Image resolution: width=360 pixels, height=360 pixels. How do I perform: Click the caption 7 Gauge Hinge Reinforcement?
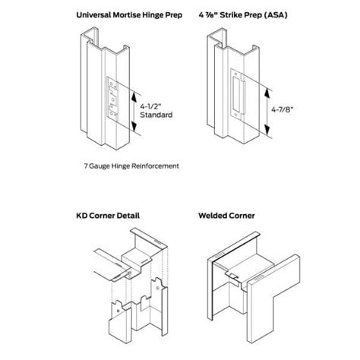click(133, 164)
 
